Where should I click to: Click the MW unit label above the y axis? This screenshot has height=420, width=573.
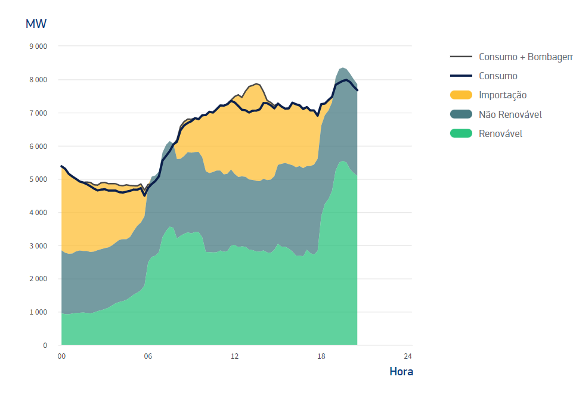[36, 24]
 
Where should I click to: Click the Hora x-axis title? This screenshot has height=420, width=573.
[401, 372]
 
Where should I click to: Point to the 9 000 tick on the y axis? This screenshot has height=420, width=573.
[38, 46]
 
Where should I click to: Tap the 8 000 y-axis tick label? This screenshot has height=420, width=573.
[38, 80]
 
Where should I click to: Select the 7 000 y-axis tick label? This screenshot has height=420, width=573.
[38, 113]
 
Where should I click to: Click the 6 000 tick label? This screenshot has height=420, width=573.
[38, 147]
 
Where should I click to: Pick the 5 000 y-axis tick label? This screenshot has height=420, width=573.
[38, 179]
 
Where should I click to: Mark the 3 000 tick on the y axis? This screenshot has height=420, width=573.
[38, 246]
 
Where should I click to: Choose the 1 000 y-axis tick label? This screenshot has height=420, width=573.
[38, 312]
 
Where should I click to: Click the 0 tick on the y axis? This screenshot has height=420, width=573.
[45, 346]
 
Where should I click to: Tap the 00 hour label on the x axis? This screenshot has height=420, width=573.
[61, 356]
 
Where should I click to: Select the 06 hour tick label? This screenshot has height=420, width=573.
[148, 356]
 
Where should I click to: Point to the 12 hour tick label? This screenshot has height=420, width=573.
[234, 356]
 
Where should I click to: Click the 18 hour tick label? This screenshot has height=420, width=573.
[321, 356]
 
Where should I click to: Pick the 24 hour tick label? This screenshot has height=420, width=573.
[408, 356]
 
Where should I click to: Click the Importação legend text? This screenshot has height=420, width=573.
[503, 95]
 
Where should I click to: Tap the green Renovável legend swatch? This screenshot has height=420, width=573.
[461, 133]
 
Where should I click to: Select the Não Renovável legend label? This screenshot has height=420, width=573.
[510, 114]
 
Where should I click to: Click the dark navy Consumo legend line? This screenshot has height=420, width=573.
[461, 76]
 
